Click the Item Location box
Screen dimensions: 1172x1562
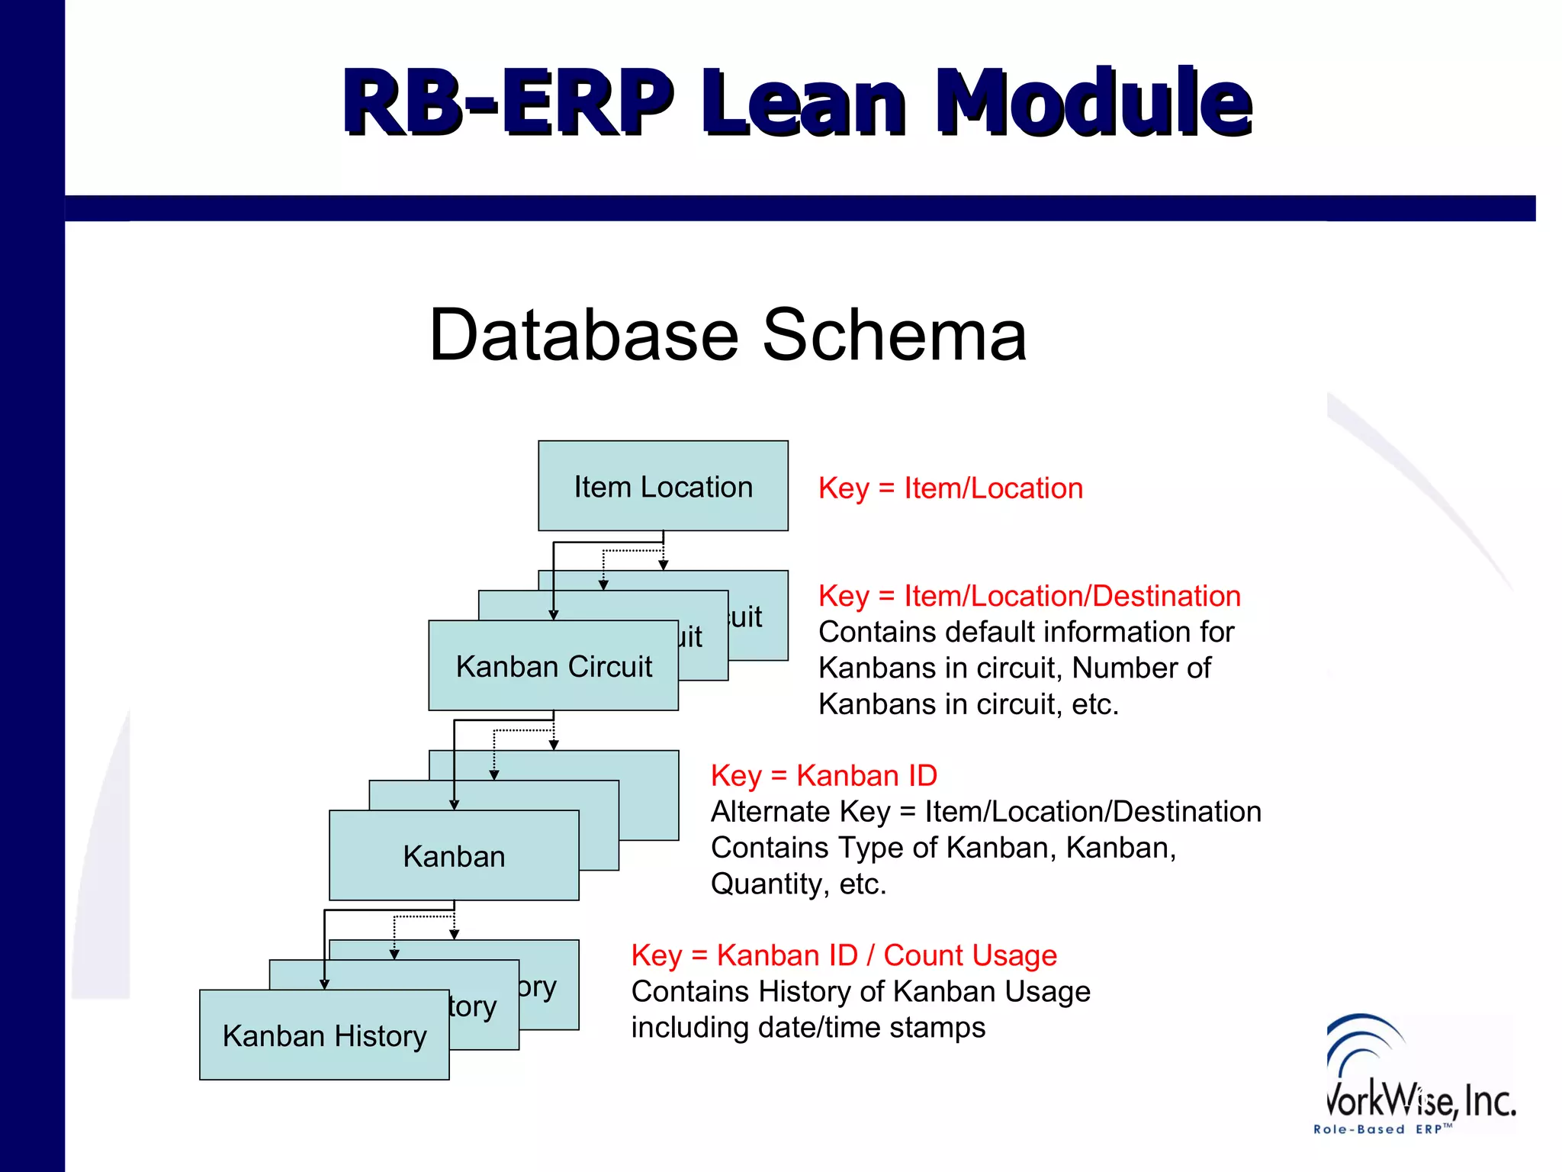(x=663, y=486)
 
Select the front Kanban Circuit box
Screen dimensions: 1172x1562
(x=553, y=666)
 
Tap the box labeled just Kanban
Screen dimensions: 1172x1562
(x=454, y=856)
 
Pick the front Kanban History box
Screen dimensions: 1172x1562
(x=324, y=1035)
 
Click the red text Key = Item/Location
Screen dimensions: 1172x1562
(x=950, y=488)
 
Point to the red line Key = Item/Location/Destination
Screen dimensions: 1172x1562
(x=1030, y=596)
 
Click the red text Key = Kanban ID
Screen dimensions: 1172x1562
(x=824, y=776)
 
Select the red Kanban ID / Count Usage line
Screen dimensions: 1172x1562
(x=844, y=955)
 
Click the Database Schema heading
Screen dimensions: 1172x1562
(x=728, y=335)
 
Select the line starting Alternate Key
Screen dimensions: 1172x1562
(x=985, y=812)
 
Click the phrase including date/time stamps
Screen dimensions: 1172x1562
(x=808, y=1028)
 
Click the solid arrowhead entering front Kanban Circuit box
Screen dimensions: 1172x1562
(x=554, y=615)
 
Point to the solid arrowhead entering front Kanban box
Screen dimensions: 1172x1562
(x=454, y=805)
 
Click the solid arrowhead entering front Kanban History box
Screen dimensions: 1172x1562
(x=324, y=984)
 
